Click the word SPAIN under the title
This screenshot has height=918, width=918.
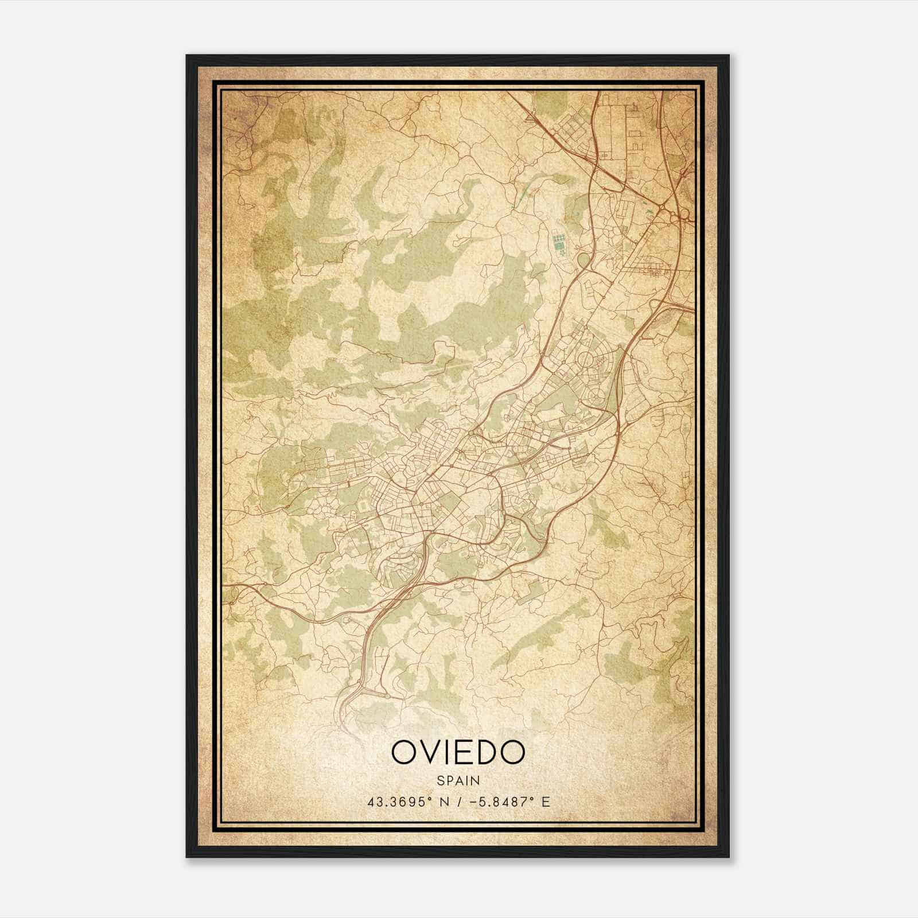click(458, 780)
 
